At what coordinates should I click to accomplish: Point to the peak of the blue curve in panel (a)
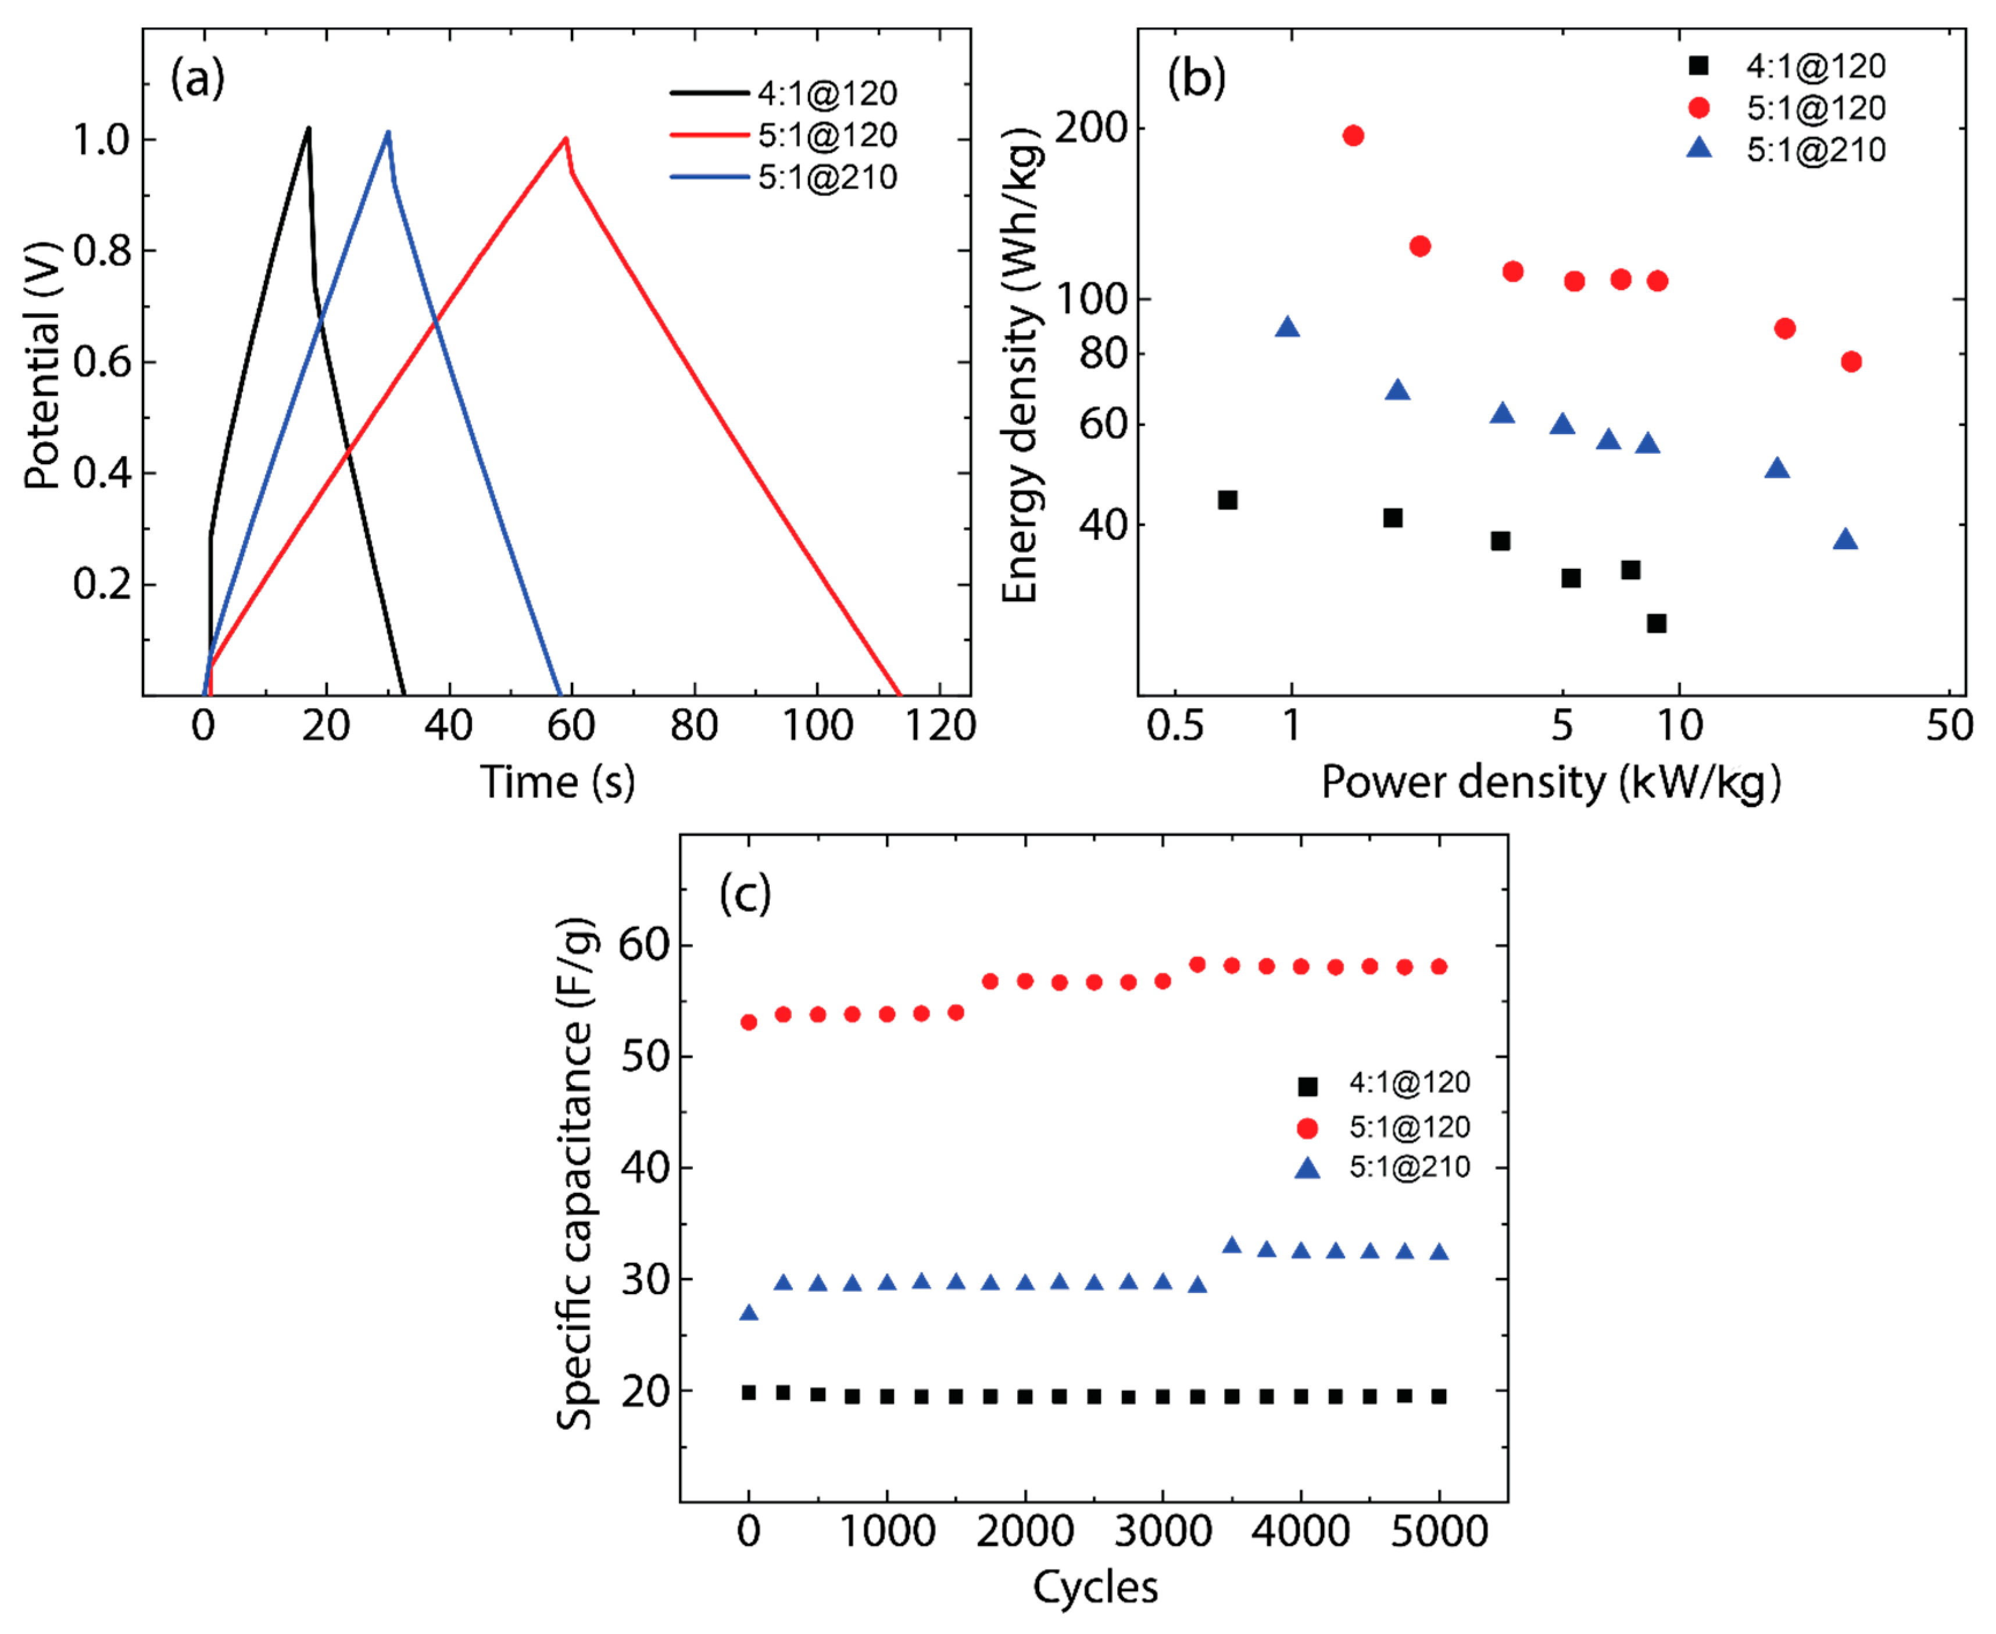tap(388, 132)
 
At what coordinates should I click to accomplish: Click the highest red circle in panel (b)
tap(1353, 135)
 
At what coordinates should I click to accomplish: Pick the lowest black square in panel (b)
tap(1656, 623)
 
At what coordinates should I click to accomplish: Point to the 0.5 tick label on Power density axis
tap(1175, 726)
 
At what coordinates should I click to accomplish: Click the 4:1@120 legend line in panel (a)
tap(708, 93)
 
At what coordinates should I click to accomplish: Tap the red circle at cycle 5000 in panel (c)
tap(1439, 967)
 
